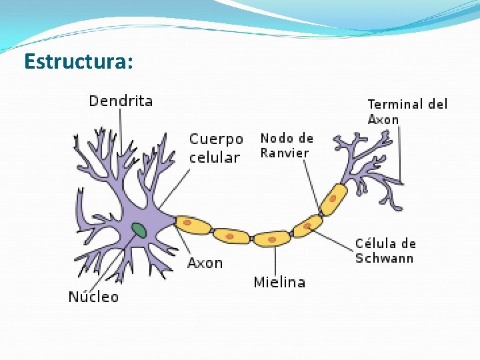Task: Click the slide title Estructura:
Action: tap(79, 62)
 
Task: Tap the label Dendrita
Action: tap(121, 101)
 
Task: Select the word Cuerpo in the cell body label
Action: tap(216, 140)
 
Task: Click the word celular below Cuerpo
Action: tap(214, 158)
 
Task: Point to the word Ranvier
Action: tap(285, 153)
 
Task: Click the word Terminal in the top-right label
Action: tap(395, 104)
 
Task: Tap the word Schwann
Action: tap(384, 259)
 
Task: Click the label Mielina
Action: tap(279, 283)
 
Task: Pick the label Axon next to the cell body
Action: tap(205, 263)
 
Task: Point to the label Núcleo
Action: tap(93, 297)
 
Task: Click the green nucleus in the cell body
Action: tap(139, 231)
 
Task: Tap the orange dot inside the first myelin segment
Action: tap(189, 223)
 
